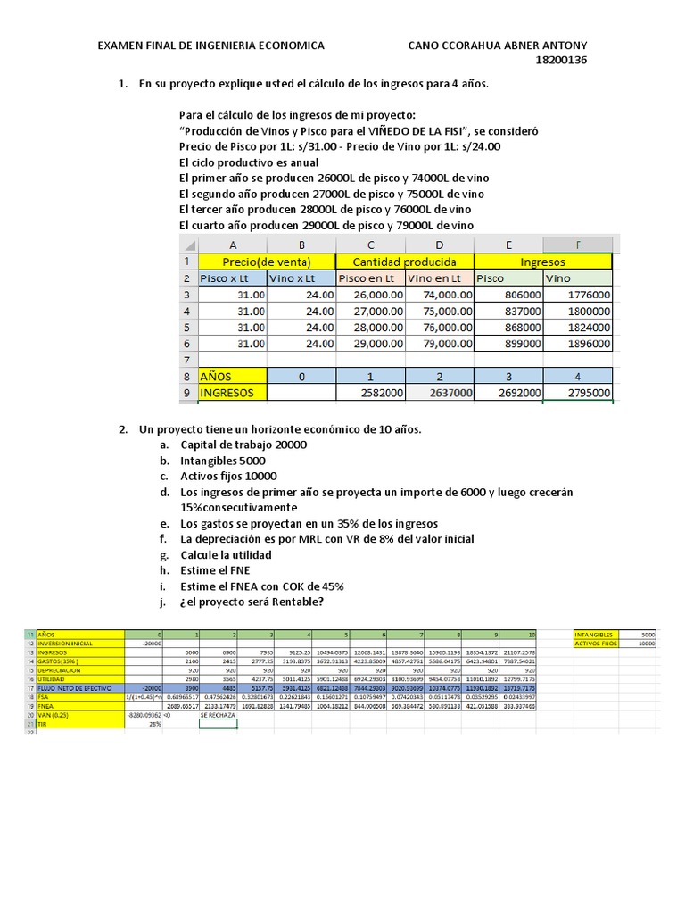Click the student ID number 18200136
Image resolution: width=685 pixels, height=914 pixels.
(560, 61)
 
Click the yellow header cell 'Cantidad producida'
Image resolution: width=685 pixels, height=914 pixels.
(404, 262)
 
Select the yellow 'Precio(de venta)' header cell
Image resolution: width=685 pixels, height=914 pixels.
(266, 262)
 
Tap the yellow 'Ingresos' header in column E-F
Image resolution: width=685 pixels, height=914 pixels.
(543, 262)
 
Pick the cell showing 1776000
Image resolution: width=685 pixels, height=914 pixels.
(578, 295)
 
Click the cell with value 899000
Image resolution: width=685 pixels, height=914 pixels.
(508, 344)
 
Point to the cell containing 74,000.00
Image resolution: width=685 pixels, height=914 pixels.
(440, 295)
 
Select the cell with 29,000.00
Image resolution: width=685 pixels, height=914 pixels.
(370, 344)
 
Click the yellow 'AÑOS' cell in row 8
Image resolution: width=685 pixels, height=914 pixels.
(232, 376)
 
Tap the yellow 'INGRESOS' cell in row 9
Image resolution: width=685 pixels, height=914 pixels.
(232, 393)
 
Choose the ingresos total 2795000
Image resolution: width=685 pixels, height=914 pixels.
(578, 393)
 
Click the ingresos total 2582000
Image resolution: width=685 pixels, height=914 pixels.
(370, 393)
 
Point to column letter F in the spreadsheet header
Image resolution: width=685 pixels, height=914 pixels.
(578, 245)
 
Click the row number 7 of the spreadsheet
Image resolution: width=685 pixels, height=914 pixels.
(187, 360)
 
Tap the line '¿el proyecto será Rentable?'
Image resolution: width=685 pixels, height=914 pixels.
(252, 602)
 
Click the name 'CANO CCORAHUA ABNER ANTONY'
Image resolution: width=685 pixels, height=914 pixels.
(497, 45)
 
